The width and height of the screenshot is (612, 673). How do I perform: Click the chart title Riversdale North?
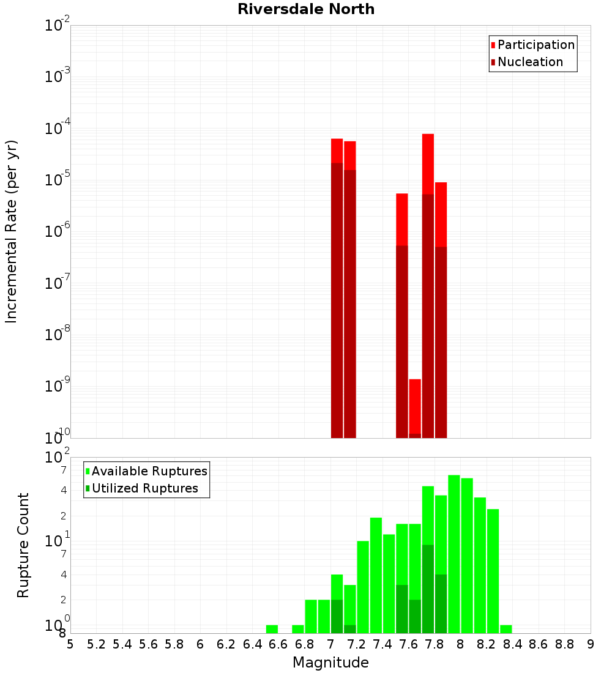(x=306, y=9)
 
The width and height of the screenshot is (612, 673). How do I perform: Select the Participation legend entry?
(x=535, y=45)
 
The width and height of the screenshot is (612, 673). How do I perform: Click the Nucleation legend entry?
(x=529, y=62)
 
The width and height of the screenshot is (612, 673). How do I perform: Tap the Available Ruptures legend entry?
(x=149, y=471)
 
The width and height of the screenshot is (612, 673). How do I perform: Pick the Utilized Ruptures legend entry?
(x=144, y=488)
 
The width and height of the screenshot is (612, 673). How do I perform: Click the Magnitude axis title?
(x=330, y=663)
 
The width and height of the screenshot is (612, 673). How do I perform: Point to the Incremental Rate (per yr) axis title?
(x=12, y=231)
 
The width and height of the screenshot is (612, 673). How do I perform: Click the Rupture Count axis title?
(x=23, y=545)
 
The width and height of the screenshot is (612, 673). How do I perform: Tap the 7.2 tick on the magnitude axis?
(x=356, y=644)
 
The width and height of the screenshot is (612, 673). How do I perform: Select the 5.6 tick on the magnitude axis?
(x=148, y=644)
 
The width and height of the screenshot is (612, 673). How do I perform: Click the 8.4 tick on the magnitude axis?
(x=512, y=644)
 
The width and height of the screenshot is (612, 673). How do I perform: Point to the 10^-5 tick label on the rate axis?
(x=58, y=180)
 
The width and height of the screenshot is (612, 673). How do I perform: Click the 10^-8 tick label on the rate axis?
(x=58, y=335)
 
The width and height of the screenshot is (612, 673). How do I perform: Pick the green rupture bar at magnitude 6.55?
(x=272, y=629)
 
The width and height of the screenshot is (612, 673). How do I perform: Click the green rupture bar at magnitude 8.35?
(x=506, y=629)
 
